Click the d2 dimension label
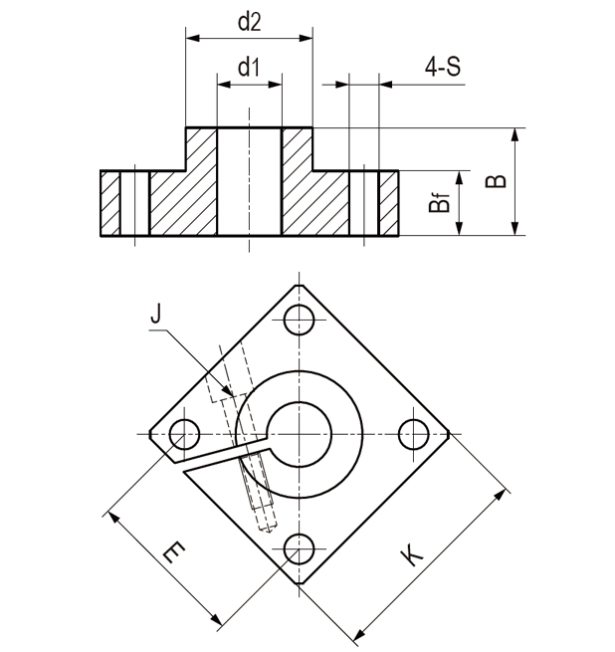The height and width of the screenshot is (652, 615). pos(249,22)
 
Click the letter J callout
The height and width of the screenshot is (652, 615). pos(154,316)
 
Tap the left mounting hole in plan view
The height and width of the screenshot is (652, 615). pos(182,434)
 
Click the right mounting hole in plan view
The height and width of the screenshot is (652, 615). pos(411,434)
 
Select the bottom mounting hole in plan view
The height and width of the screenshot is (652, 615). pos(297,547)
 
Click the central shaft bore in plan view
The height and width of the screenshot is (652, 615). pos(297,434)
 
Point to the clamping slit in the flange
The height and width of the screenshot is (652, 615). pos(214,456)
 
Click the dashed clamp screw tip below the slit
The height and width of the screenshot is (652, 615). pos(264,523)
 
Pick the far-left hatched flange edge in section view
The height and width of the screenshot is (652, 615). pos(109,204)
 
